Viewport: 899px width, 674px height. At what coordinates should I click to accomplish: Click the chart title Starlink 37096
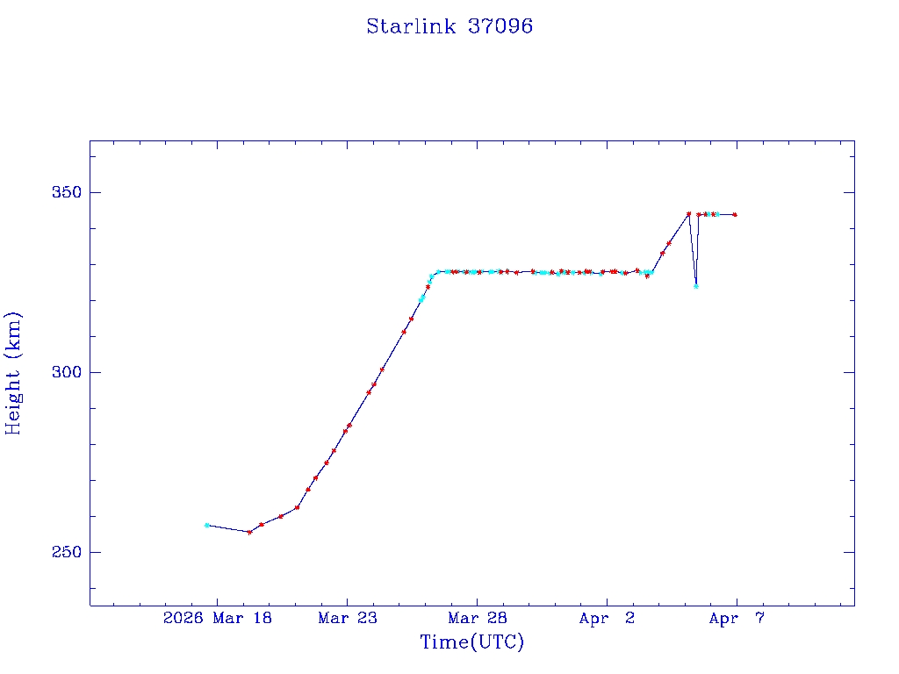point(449,26)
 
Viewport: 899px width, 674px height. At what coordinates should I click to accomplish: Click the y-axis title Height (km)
point(13,373)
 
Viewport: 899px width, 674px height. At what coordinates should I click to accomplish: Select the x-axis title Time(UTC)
point(472,642)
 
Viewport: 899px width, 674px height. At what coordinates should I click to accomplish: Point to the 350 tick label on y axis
point(61,192)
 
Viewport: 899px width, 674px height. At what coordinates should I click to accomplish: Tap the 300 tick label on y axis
point(61,372)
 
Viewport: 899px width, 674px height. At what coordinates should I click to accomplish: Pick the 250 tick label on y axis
point(61,552)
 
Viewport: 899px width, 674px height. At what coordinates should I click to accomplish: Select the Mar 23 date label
point(348,619)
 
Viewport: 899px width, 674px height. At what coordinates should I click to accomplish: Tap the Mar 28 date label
point(478,619)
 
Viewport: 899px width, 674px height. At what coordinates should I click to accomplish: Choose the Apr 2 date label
point(607,619)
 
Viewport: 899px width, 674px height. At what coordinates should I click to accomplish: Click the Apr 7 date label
point(737,619)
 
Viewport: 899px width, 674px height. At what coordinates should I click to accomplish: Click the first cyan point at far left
point(206,525)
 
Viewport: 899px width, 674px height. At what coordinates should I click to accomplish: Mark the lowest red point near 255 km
point(249,532)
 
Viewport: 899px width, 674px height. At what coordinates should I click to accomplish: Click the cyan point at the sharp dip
point(696,286)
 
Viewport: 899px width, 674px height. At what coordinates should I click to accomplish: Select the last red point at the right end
point(735,214)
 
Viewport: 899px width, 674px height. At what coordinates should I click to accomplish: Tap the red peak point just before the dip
point(688,213)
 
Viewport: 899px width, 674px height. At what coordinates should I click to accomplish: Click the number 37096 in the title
point(500,26)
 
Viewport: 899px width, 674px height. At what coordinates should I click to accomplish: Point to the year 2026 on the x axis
point(183,619)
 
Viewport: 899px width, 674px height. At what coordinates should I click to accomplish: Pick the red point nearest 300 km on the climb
point(382,369)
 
